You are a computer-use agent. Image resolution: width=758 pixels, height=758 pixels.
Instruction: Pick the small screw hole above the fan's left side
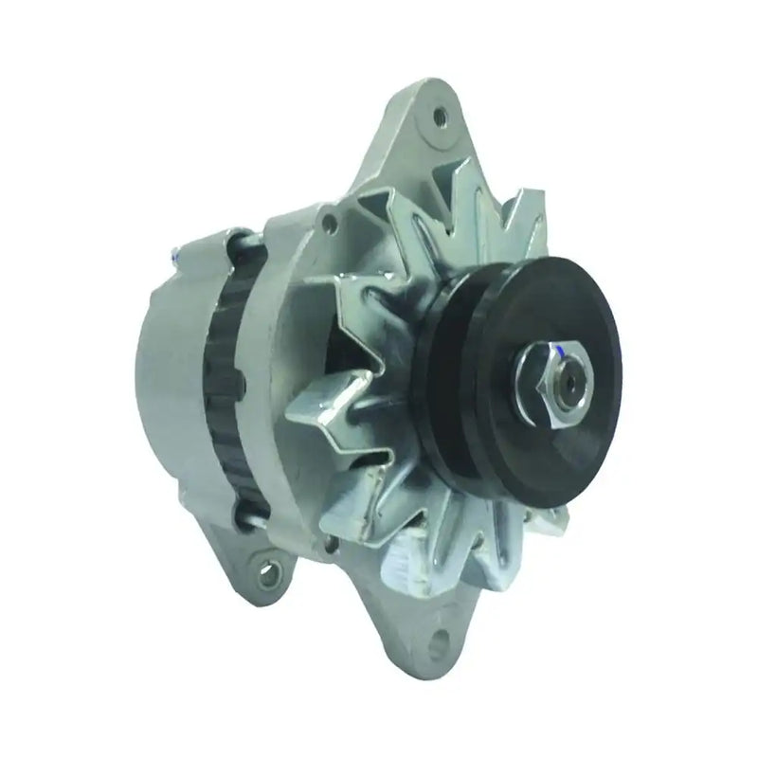click(329, 226)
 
